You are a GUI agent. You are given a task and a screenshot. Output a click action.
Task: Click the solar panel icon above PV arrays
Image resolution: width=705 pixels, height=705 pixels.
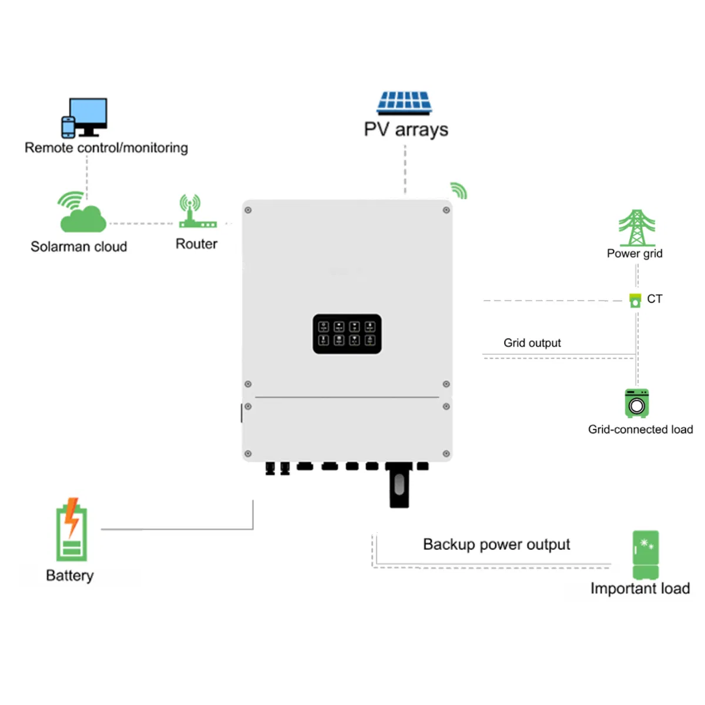tap(404, 103)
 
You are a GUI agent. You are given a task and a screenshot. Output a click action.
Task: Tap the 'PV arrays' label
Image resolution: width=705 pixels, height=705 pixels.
tap(405, 129)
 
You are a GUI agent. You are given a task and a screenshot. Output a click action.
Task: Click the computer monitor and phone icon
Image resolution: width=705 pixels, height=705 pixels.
tap(85, 117)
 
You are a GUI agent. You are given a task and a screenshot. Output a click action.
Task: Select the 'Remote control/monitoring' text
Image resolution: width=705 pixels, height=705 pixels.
tap(106, 147)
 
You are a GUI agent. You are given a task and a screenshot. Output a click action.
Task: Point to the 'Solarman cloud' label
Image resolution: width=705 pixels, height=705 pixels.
tap(79, 247)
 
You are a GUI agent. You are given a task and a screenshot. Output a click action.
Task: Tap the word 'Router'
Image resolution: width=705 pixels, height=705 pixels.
tap(196, 244)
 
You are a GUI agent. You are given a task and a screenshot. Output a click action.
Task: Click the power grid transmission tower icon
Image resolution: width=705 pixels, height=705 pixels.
tap(636, 228)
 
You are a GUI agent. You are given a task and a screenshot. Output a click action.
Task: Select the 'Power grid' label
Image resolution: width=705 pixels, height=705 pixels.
tap(634, 253)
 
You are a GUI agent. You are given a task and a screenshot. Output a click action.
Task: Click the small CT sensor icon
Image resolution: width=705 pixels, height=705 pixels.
tap(635, 300)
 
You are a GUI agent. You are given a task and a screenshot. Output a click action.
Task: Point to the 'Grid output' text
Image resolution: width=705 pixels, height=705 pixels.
tap(532, 343)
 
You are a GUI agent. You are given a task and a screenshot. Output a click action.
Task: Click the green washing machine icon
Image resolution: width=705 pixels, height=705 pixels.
tap(636, 403)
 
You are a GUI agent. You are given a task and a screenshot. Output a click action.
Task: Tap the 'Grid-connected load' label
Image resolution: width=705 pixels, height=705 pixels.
tap(640, 429)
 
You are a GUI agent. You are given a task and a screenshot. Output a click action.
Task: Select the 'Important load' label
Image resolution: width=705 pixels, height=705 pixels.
tap(640, 588)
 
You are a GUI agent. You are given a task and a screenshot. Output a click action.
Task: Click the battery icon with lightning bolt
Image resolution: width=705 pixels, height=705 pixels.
tap(72, 530)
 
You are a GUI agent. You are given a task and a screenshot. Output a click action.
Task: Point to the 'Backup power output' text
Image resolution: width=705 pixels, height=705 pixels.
tap(496, 545)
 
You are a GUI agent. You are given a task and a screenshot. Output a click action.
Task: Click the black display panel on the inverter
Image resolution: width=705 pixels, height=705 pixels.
tap(347, 334)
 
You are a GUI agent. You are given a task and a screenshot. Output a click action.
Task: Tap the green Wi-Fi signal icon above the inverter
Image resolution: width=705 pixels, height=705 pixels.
tap(458, 190)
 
